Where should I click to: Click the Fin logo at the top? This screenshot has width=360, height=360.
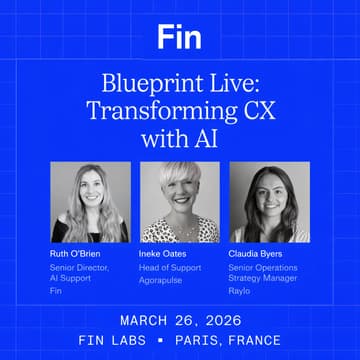(180, 38)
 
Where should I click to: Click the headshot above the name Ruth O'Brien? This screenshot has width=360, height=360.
(90, 203)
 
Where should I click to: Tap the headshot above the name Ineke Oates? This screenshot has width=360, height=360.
(180, 203)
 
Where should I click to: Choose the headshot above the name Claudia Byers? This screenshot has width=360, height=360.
(269, 203)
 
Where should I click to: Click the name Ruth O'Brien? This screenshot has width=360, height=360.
(75, 254)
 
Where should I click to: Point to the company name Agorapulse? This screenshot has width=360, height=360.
(160, 280)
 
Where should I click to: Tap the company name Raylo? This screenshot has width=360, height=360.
(240, 291)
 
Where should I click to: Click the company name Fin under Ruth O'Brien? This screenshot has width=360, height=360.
(56, 291)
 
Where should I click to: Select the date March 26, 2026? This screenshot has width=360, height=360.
(180, 320)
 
